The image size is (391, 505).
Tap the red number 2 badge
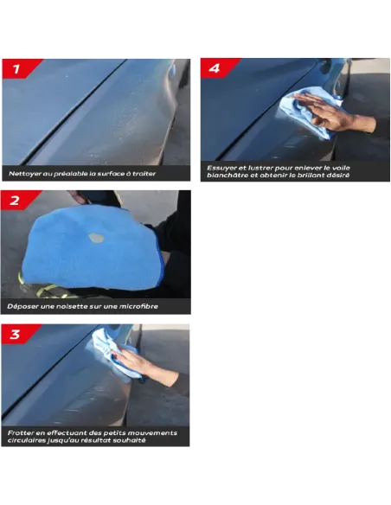(17, 201)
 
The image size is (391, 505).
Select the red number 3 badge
(17, 334)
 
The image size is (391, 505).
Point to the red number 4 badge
(217, 68)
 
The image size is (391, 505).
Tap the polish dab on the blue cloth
(97, 238)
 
